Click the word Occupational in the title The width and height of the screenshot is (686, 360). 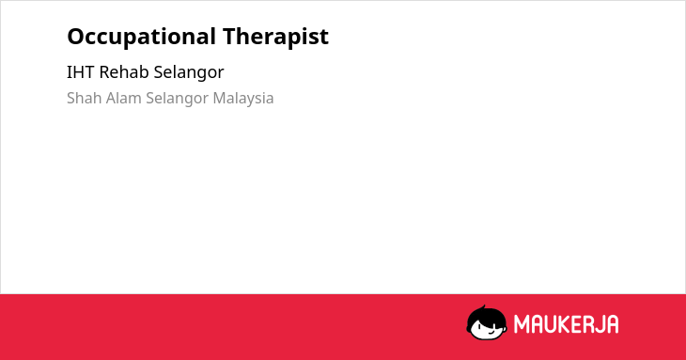[141, 38]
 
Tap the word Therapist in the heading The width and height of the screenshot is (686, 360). [275, 37]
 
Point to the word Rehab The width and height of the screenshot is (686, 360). [124, 72]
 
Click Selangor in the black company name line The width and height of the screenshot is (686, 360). [189, 73]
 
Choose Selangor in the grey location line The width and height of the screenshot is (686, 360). [178, 100]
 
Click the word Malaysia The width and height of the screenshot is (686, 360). [243, 100]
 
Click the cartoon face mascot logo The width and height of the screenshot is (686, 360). [487, 322]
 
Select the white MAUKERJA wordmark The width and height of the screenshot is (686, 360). [566, 324]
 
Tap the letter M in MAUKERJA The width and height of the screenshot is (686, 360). [521, 324]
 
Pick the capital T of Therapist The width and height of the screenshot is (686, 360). [230, 37]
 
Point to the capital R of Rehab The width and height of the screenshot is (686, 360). [104, 72]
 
